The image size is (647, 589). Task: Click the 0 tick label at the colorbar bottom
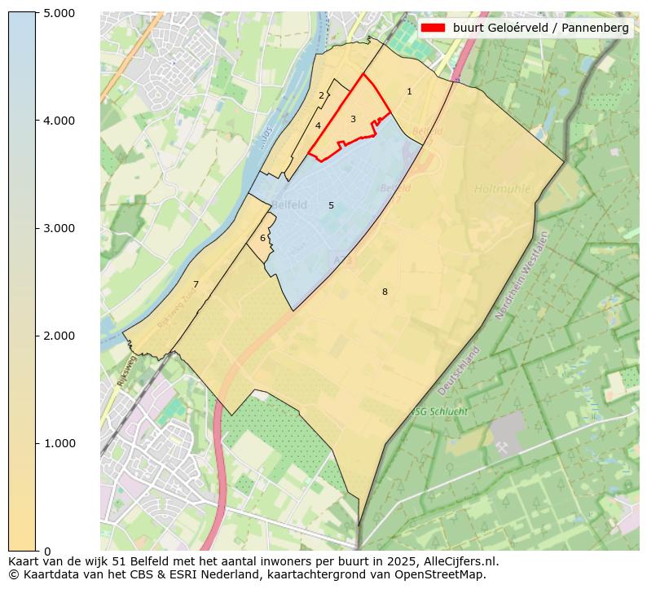point(46,551)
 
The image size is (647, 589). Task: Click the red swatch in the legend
point(433,28)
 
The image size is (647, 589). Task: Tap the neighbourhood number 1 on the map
point(409,92)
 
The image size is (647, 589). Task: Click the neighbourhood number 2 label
point(321,96)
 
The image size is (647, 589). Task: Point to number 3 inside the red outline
point(353,120)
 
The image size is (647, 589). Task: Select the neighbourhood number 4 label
point(318,125)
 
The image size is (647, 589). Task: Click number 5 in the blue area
point(331,206)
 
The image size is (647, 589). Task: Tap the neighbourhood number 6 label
point(262,239)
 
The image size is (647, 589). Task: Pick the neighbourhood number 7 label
point(196,284)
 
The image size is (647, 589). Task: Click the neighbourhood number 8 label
point(385,292)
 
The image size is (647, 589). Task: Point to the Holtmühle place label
point(502,189)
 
